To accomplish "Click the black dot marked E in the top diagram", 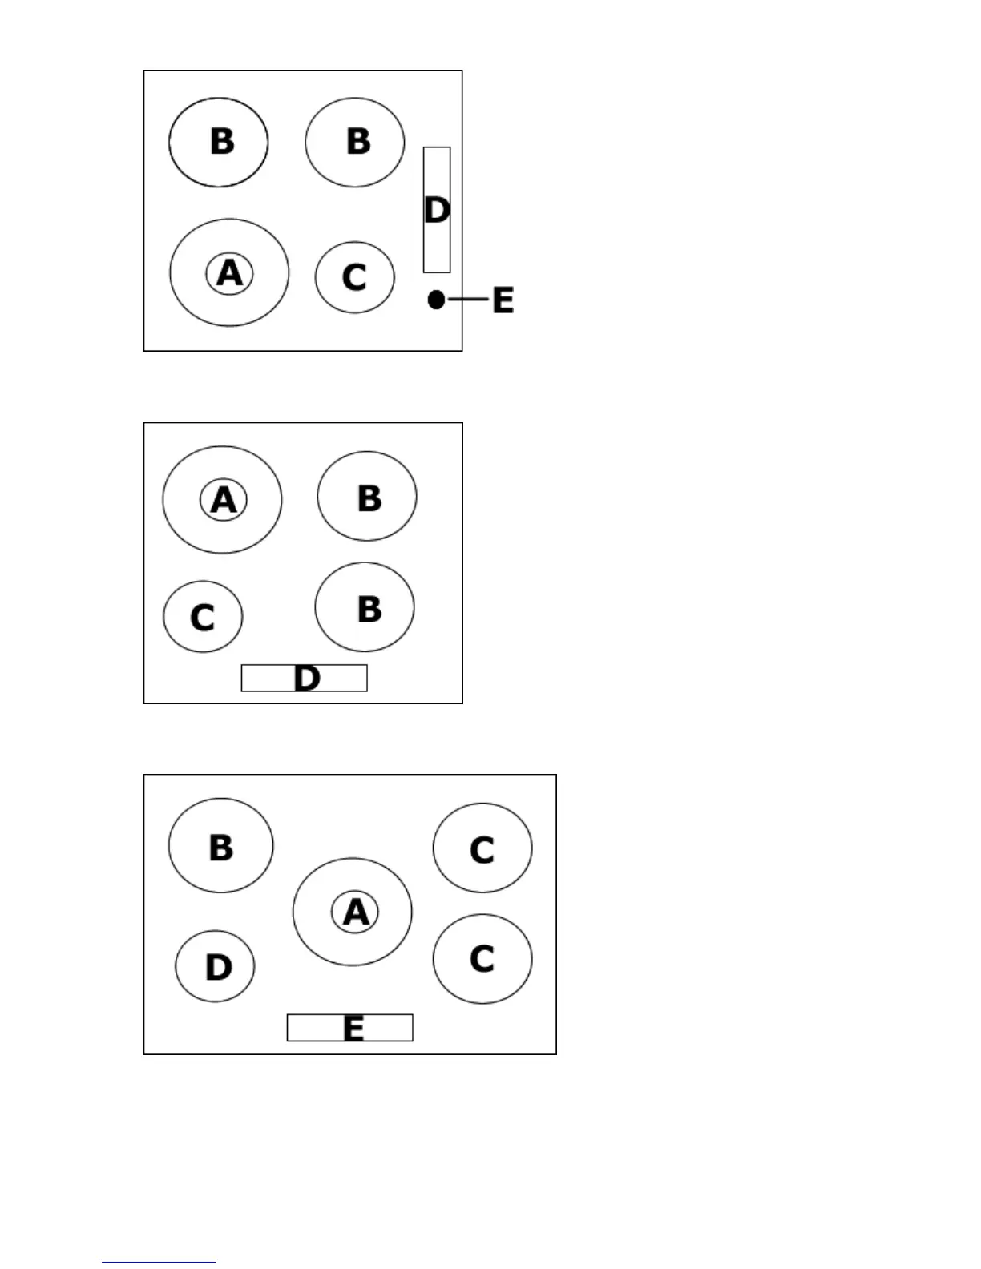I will (436, 300).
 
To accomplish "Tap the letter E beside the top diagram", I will (503, 300).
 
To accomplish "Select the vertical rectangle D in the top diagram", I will (437, 210).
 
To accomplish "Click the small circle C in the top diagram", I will (354, 277).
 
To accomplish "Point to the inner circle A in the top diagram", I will (229, 273).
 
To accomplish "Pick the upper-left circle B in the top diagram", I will (219, 142).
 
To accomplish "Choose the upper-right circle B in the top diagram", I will (355, 142).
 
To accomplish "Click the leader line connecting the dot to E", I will (468, 300).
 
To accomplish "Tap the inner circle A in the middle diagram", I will (223, 500).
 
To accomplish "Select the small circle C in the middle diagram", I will (203, 617).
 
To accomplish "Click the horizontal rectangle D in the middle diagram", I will (305, 678).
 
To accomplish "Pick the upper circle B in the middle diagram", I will (367, 497).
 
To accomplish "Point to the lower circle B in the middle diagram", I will (365, 607).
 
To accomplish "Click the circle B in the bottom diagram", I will (221, 845).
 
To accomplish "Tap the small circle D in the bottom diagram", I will (215, 966).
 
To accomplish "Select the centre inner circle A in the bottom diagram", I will (355, 912).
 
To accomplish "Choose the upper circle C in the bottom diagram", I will (482, 848).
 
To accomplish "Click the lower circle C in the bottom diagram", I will (482, 958).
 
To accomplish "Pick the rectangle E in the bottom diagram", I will (350, 1028).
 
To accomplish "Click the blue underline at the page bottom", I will (159, 1262).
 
